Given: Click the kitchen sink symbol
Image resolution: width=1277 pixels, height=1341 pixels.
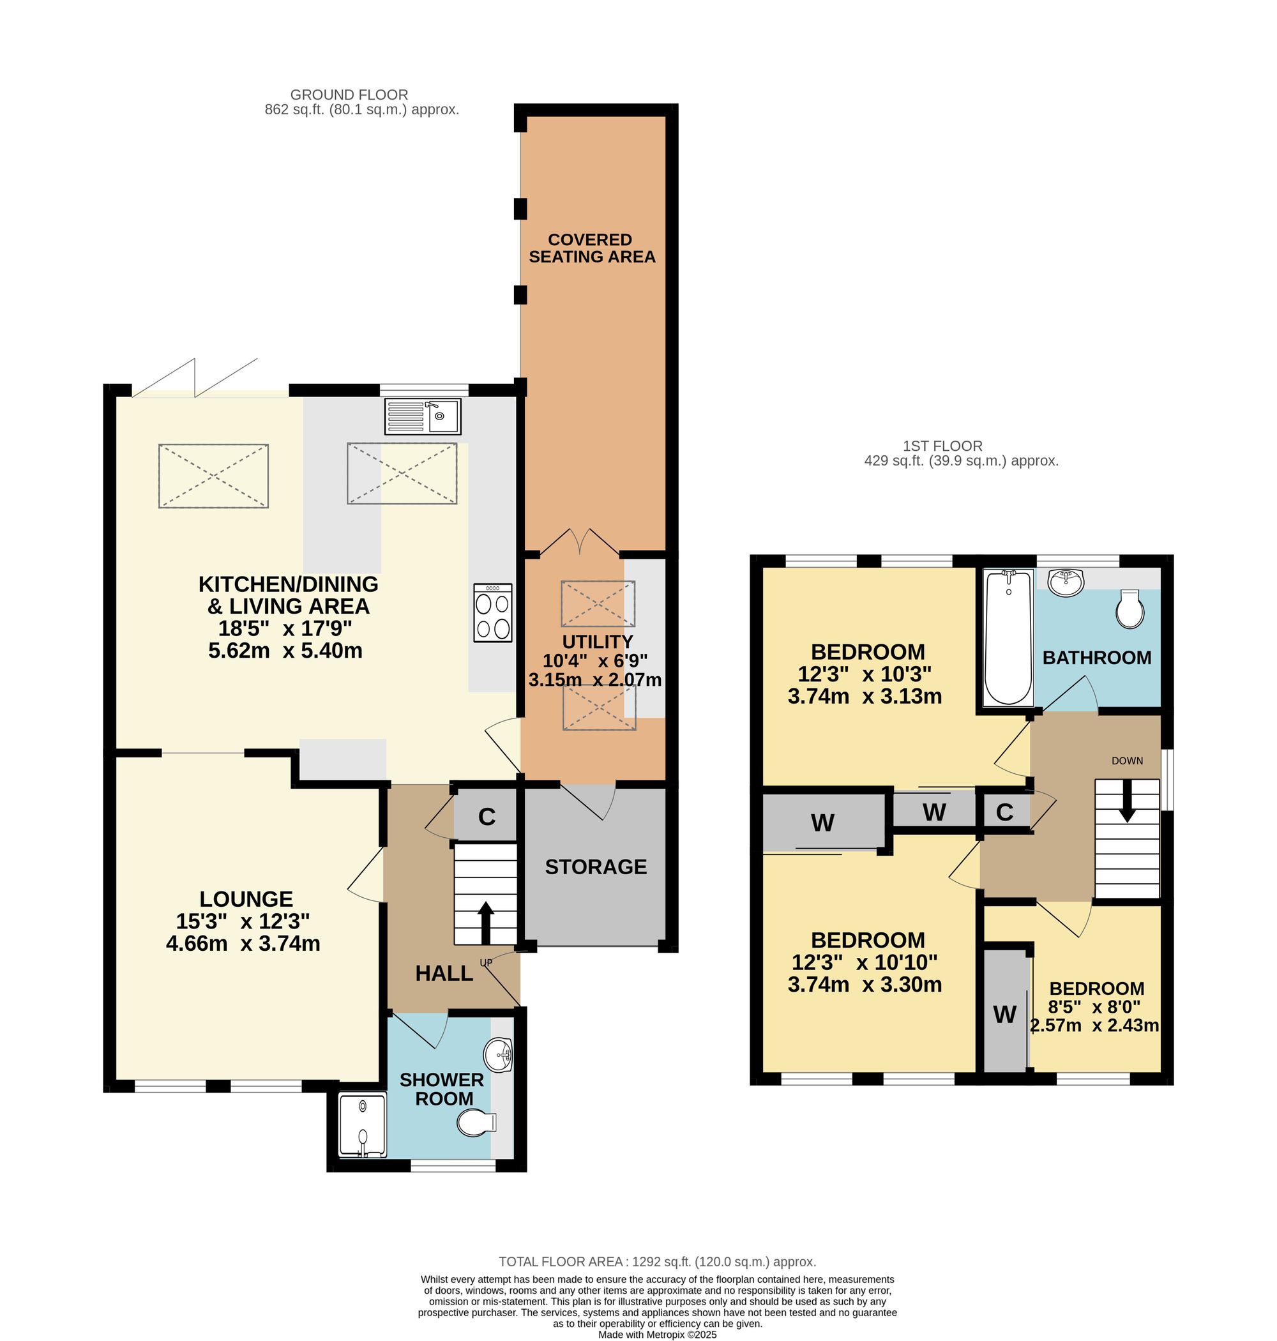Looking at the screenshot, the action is point(423,416).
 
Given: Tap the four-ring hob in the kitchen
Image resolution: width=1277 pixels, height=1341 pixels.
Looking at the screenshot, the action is point(493,612).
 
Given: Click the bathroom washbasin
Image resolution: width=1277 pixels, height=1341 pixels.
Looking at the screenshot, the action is point(1067,582).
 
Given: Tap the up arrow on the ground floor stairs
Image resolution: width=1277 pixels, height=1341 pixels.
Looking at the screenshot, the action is point(485,923).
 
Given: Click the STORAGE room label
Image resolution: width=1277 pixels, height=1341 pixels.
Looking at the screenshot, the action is point(596,867).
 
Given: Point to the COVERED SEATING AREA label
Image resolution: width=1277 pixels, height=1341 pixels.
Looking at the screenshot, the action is point(591,248).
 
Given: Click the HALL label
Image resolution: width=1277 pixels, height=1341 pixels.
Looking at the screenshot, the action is point(444,973).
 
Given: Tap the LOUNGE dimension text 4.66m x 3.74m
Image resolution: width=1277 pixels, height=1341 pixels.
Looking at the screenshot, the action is point(243,943).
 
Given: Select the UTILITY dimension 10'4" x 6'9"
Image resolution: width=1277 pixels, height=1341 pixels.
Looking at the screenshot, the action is point(595,660).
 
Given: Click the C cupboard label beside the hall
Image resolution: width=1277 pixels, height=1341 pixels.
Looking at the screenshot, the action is point(487,817).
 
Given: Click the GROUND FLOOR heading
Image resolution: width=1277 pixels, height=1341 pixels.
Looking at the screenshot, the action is point(349,95).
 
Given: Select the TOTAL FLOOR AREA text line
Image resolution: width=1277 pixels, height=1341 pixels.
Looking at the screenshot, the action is point(658,1261).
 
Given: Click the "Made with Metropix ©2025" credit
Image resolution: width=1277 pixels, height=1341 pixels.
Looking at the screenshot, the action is point(658,1334).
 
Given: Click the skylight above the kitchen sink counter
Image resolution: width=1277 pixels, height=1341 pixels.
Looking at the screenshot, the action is point(402,473).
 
